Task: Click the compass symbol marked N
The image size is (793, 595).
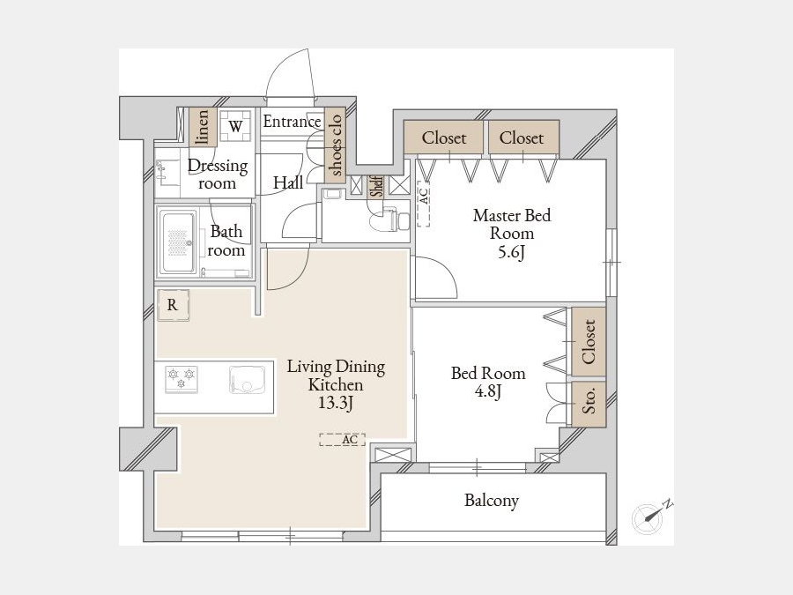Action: point(648,518)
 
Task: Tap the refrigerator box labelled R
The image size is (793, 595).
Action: point(173,305)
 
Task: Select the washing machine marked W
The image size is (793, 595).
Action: point(235,126)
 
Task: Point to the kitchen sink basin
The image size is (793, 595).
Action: point(247,379)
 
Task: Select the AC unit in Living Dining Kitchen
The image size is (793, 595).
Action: point(343,440)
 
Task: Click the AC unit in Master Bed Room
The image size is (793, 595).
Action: point(424,204)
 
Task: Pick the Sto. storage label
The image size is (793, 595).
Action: point(589,401)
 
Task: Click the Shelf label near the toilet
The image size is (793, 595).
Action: point(377,186)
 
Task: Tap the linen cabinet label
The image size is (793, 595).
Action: point(203,126)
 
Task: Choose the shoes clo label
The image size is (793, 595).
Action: point(335,145)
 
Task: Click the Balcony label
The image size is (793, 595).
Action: point(492,501)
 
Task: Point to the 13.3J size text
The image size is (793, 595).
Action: point(336,403)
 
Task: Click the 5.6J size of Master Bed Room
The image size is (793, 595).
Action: point(511,251)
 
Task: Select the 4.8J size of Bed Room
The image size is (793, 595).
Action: point(488,391)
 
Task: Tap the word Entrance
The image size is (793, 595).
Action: point(292,122)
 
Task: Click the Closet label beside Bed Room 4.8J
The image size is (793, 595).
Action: point(589,341)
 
